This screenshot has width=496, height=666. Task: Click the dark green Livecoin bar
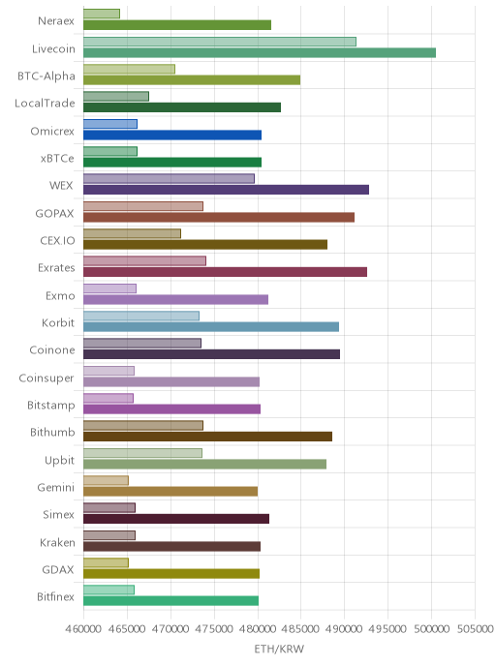pos(260,52)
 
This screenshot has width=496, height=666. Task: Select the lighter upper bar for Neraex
pos(102,14)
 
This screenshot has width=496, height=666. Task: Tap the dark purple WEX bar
pos(226,190)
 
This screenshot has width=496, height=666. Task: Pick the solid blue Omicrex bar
pos(172,136)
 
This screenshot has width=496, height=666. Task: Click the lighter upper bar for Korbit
pos(141,316)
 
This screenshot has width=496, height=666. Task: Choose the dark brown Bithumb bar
pos(207,437)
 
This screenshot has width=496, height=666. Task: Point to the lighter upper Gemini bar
pos(106,480)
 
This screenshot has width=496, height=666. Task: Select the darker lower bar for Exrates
pos(225,272)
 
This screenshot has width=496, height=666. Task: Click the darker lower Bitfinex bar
pos(170,601)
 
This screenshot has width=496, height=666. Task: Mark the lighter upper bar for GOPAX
pos(143,206)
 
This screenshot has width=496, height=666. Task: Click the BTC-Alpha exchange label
pos(46,76)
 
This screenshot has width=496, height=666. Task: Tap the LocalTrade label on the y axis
pos(45,104)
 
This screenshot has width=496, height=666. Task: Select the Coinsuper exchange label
pos(46,378)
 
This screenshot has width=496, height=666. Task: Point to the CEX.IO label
pos(57,241)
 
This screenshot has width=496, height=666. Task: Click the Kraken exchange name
pos(57,542)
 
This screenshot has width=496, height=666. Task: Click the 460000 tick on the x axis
pos(83,628)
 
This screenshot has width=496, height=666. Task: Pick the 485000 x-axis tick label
pos(300,628)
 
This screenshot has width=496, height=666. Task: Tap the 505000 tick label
pos(475,628)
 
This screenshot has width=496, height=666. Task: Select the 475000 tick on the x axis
pos(214,628)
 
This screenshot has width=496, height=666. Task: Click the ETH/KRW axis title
pos(279,649)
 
